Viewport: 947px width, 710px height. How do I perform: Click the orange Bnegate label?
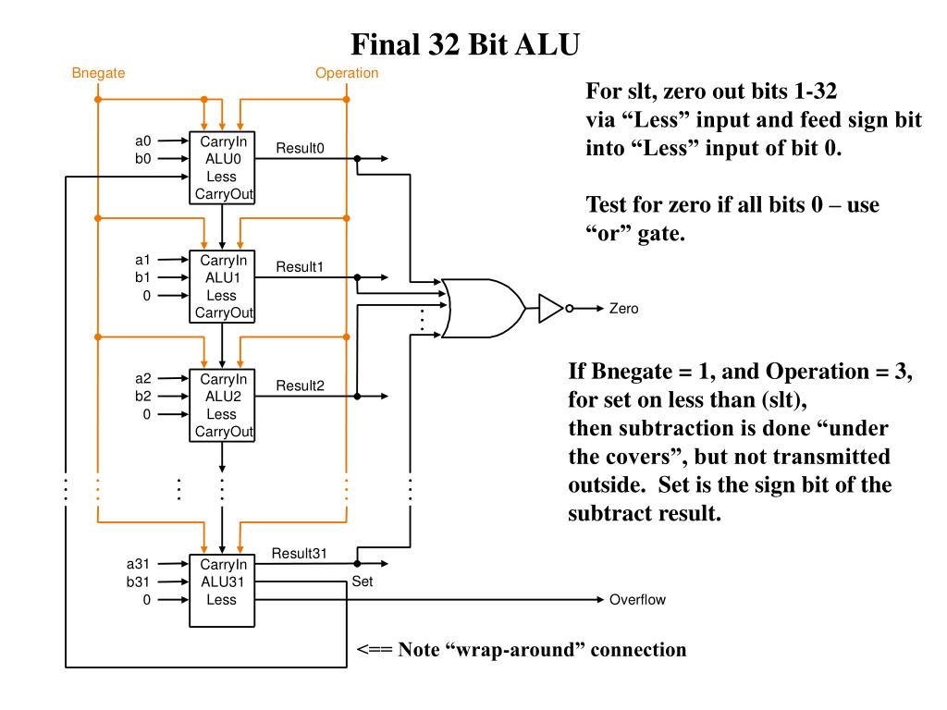pyautogui.click(x=98, y=73)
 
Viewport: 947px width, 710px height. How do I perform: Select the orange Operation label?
pyautogui.click(x=347, y=73)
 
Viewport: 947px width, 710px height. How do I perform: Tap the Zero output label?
pyautogui.click(x=624, y=309)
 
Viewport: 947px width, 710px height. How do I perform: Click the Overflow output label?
pyautogui.click(x=637, y=599)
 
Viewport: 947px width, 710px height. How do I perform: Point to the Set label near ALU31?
pyautogui.click(x=363, y=581)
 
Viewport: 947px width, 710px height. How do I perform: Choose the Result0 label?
pyautogui.click(x=301, y=148)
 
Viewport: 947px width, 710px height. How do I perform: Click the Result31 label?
pyautogui.click(x=299, y=553)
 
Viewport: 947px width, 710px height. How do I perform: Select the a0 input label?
pyautogui.click(x=143, y=141)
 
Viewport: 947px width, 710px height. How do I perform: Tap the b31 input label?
pyautogui.click(x=138, y=582)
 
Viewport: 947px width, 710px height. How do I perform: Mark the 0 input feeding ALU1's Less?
pyautogui.click(x=147, y=296)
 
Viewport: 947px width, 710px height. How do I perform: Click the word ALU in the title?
pyautogui.click(x=547, y=44)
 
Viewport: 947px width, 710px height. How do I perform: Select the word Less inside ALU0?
pyautogui.click(x=222, y=177)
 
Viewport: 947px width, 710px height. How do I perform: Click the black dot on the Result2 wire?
pyautogui.click(x=358, y=396)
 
